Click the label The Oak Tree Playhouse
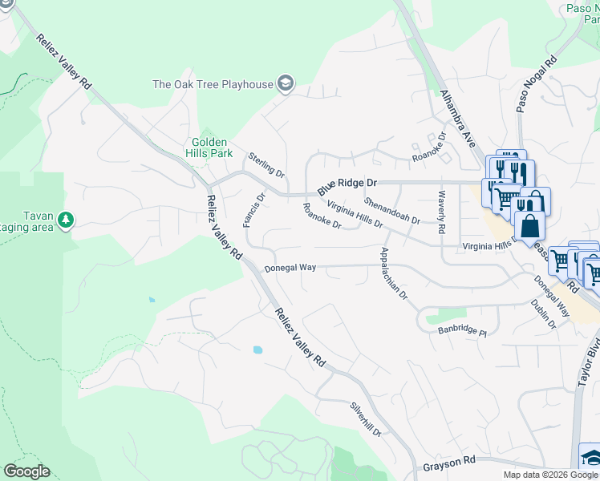coord(212,83)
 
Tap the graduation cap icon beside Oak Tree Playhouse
coord(285,83)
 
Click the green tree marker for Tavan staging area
coord(66,219)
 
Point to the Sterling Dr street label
coord(266,164)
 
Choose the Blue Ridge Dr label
coord(347,184)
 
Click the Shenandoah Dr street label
coord(392,211)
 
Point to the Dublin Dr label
coord(543,313)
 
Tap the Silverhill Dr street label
coord(365,419)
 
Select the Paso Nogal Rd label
coord(537,85)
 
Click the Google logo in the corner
coord(26,471)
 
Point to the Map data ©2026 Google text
coord(550,475)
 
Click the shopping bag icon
coord(529,225)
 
